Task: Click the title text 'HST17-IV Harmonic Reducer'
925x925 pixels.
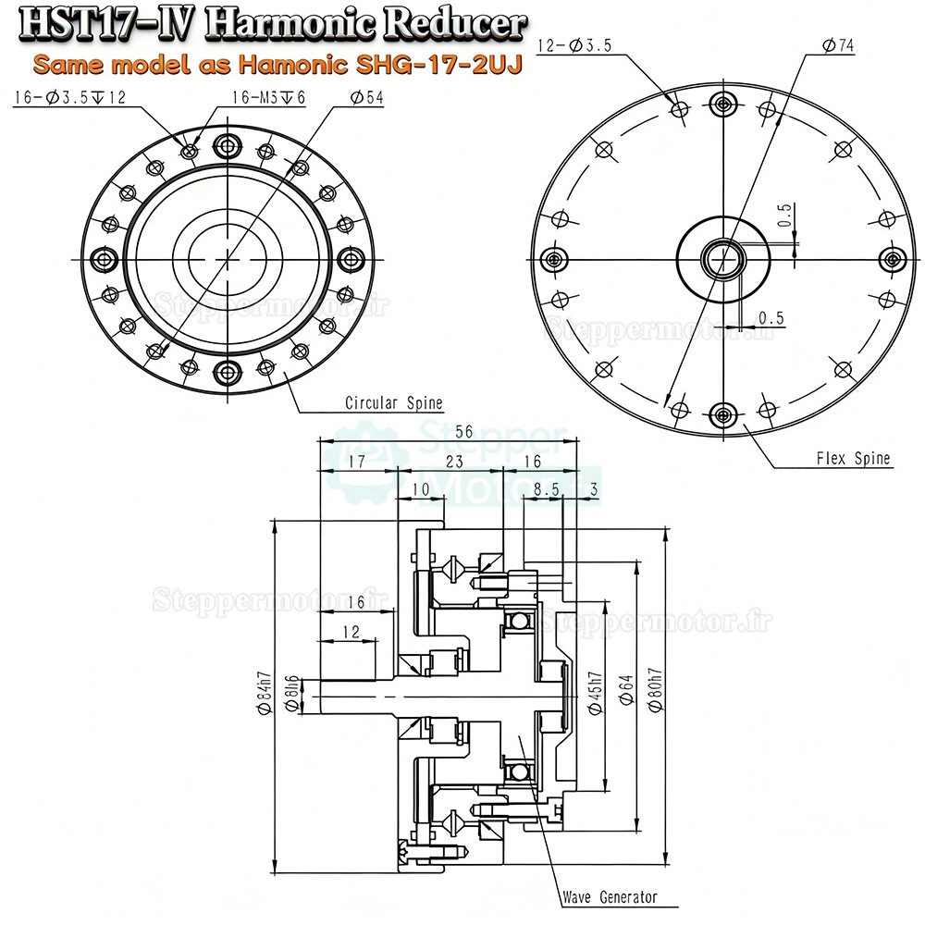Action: click(273, 25)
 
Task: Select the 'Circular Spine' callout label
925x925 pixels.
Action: click(393, 403)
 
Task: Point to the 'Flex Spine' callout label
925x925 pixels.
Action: click(853, 458)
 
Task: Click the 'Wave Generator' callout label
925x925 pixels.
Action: click(610, 896)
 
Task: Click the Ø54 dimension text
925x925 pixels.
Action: click(366, 98)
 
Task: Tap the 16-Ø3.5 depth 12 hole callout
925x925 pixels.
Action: click(69, 98)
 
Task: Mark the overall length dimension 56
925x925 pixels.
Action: click(438, 432)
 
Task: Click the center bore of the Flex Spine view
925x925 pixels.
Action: click(720, 258)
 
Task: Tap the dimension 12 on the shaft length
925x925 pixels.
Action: click(351, 632)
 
